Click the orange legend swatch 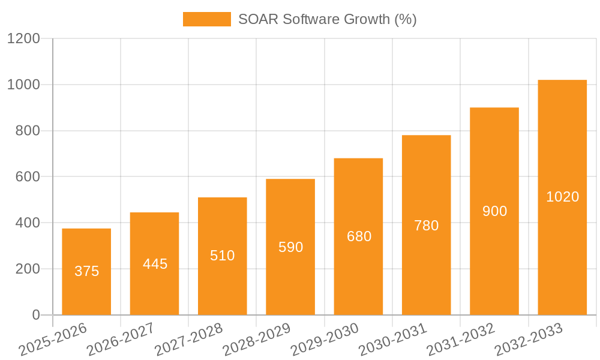pos(206,19)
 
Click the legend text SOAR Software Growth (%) pos(327,19)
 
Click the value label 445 pos(155,264)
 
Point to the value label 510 pos(223,256)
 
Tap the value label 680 pos(359,236)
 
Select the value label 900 pos(494,211)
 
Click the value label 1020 pos(562,197)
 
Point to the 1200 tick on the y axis pos(23,39)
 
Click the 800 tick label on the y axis pos(28,131)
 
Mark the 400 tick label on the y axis pos(28,223)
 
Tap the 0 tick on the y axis pos(35,315)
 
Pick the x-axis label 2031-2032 pos(461,340)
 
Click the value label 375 pos(86,271)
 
